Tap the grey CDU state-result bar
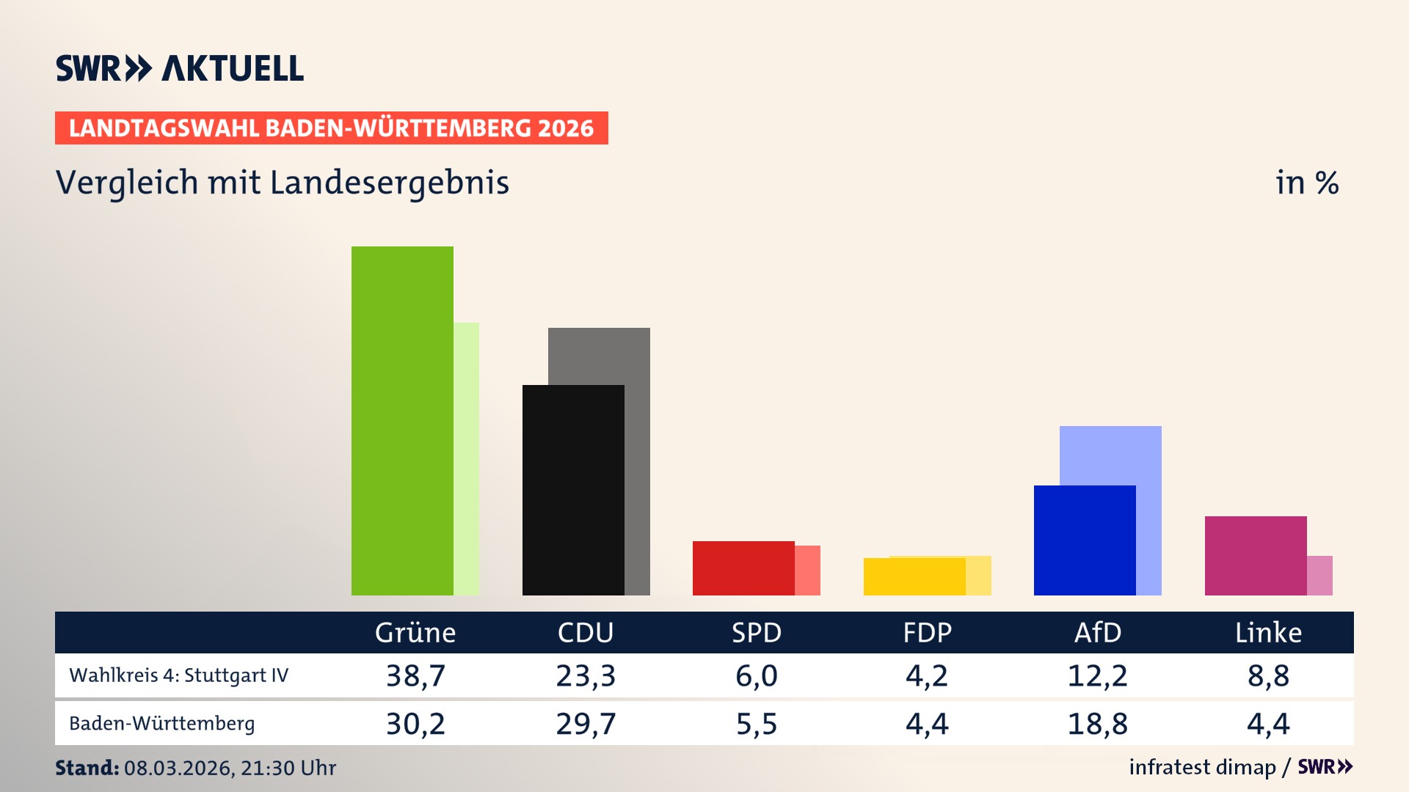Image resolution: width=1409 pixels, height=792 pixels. point(637,440)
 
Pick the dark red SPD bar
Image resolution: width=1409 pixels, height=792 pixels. point(743,568)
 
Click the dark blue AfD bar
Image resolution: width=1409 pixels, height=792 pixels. point(1084,540)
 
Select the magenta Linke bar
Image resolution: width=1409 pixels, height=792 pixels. point(1255,556)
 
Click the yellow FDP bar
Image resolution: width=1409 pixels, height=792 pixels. point(914,576)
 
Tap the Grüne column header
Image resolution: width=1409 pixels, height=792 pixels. point(415,632)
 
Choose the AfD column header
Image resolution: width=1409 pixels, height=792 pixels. point(1098,632)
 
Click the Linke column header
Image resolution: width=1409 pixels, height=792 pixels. point(1268,632)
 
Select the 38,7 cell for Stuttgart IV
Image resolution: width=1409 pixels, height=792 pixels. point(415,675)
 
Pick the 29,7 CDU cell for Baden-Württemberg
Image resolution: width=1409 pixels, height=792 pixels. point(586,724)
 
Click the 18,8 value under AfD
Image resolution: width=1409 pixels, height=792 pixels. point(1098,724)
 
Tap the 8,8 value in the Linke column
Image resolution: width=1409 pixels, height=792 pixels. point(1268,675)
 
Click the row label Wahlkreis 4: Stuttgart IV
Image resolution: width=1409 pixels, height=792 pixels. point(179,675)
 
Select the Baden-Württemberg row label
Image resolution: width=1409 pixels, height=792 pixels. point(162,724)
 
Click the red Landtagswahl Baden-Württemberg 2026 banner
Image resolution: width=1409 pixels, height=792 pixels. point(331,128)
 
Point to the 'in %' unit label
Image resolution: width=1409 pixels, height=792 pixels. point(1307,183)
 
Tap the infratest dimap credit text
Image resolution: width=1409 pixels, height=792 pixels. point(1202,767)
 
